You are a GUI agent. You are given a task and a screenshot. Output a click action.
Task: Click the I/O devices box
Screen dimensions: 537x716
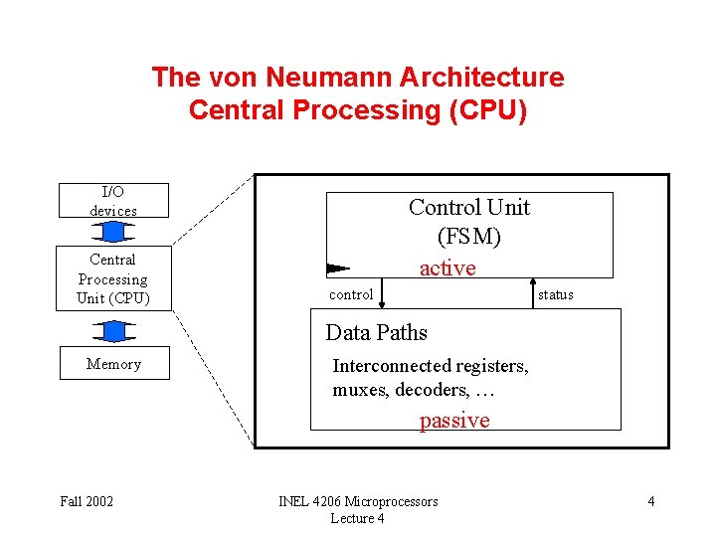[113, 200]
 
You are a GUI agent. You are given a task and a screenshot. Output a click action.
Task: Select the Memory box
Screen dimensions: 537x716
[113, 364]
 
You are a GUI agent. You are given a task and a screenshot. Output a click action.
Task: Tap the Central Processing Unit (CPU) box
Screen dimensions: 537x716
[112, 278]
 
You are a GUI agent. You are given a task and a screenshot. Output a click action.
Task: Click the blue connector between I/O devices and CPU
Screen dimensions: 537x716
[113, 232]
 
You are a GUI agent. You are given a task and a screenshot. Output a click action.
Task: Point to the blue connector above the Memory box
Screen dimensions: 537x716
[113, 330]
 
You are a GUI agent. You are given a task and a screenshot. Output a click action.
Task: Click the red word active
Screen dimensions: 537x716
[447, 268]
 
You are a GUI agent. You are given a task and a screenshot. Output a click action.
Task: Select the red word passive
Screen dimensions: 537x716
[454, 420]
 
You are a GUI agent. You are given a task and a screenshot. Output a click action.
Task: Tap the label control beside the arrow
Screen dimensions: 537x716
[351, 294]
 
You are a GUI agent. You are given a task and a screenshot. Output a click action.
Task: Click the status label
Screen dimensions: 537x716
[556, 294]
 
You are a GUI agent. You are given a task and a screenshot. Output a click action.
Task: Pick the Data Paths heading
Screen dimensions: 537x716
[377, 333]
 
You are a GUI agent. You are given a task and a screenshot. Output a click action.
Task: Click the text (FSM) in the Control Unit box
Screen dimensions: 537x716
[469, 238]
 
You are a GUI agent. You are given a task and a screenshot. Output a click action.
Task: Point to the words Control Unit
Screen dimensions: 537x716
[469, 207]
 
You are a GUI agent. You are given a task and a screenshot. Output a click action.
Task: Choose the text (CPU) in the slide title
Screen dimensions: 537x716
[488, 109]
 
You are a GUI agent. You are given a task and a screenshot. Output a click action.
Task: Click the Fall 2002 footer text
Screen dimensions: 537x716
[87, 501]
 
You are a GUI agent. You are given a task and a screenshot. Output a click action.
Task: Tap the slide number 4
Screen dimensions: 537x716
[651, 501]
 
